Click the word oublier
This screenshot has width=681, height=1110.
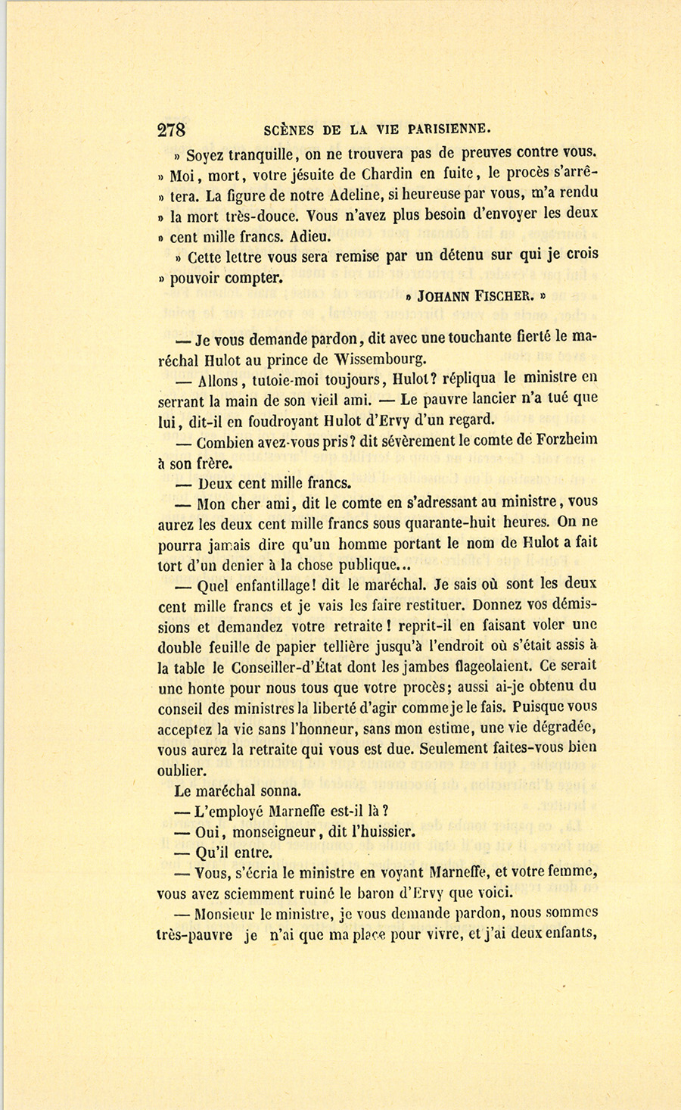(x=182, y=771)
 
